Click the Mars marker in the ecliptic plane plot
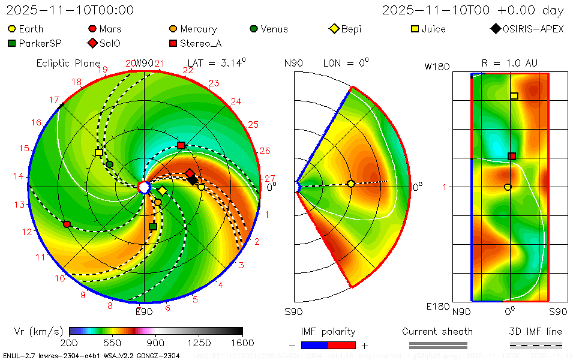pyautogui.click(x=67, y=224)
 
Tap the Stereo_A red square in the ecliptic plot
pyautogui.click(x=181, y=146)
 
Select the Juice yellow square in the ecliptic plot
pyautogui.click(x=99, y=153)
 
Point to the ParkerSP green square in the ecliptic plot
pyautogui.click(x=152, y=227)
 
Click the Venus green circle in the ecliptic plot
pyautogui.click(x=109, y=164)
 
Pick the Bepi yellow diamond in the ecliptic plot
pyautogui.click(x=163, y=191)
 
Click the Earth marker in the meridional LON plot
pyautogui.click(x=351, y=184)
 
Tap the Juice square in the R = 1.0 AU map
pyautogui.click(x=514, y=96)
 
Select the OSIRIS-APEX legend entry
pyautogui.click(x=528, y=29)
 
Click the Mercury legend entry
pyautogui.click(x=193, y=29)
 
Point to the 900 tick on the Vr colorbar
pyautogui.click(x=156, y=343)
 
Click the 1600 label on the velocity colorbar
pyautogui.click(x=242, y=343)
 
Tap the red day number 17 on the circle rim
pyautogui.click(x=54, y=100)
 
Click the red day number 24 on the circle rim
pyautogui.click(x=236, y=101)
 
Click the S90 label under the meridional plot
pyautogui.click(x=294, y=312)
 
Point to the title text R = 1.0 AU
pyautogui.click(x=509, y=63)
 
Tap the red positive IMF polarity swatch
pyautogui.click(x=342, y=345)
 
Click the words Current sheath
pyautogui.click(x=437, y=331)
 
